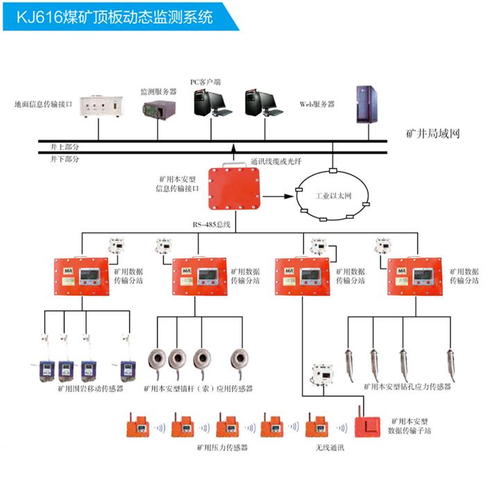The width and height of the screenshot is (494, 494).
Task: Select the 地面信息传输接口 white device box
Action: click(x=99, y=105)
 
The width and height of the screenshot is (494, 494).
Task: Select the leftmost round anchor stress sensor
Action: click(x=158, y=360)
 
